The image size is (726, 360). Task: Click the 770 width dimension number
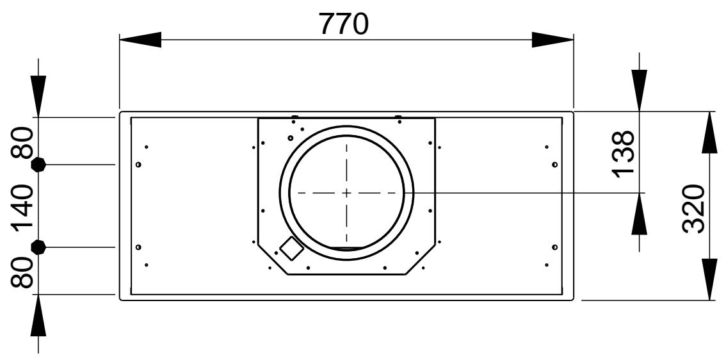pos(344,24)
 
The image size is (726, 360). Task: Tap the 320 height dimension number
pos(693,209)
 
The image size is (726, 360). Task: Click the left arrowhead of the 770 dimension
pos(140,40)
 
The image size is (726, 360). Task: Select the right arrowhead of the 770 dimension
pos(553,40)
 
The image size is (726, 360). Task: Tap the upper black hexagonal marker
pos(38,165)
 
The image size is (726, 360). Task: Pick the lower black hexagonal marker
pos(38,247)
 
